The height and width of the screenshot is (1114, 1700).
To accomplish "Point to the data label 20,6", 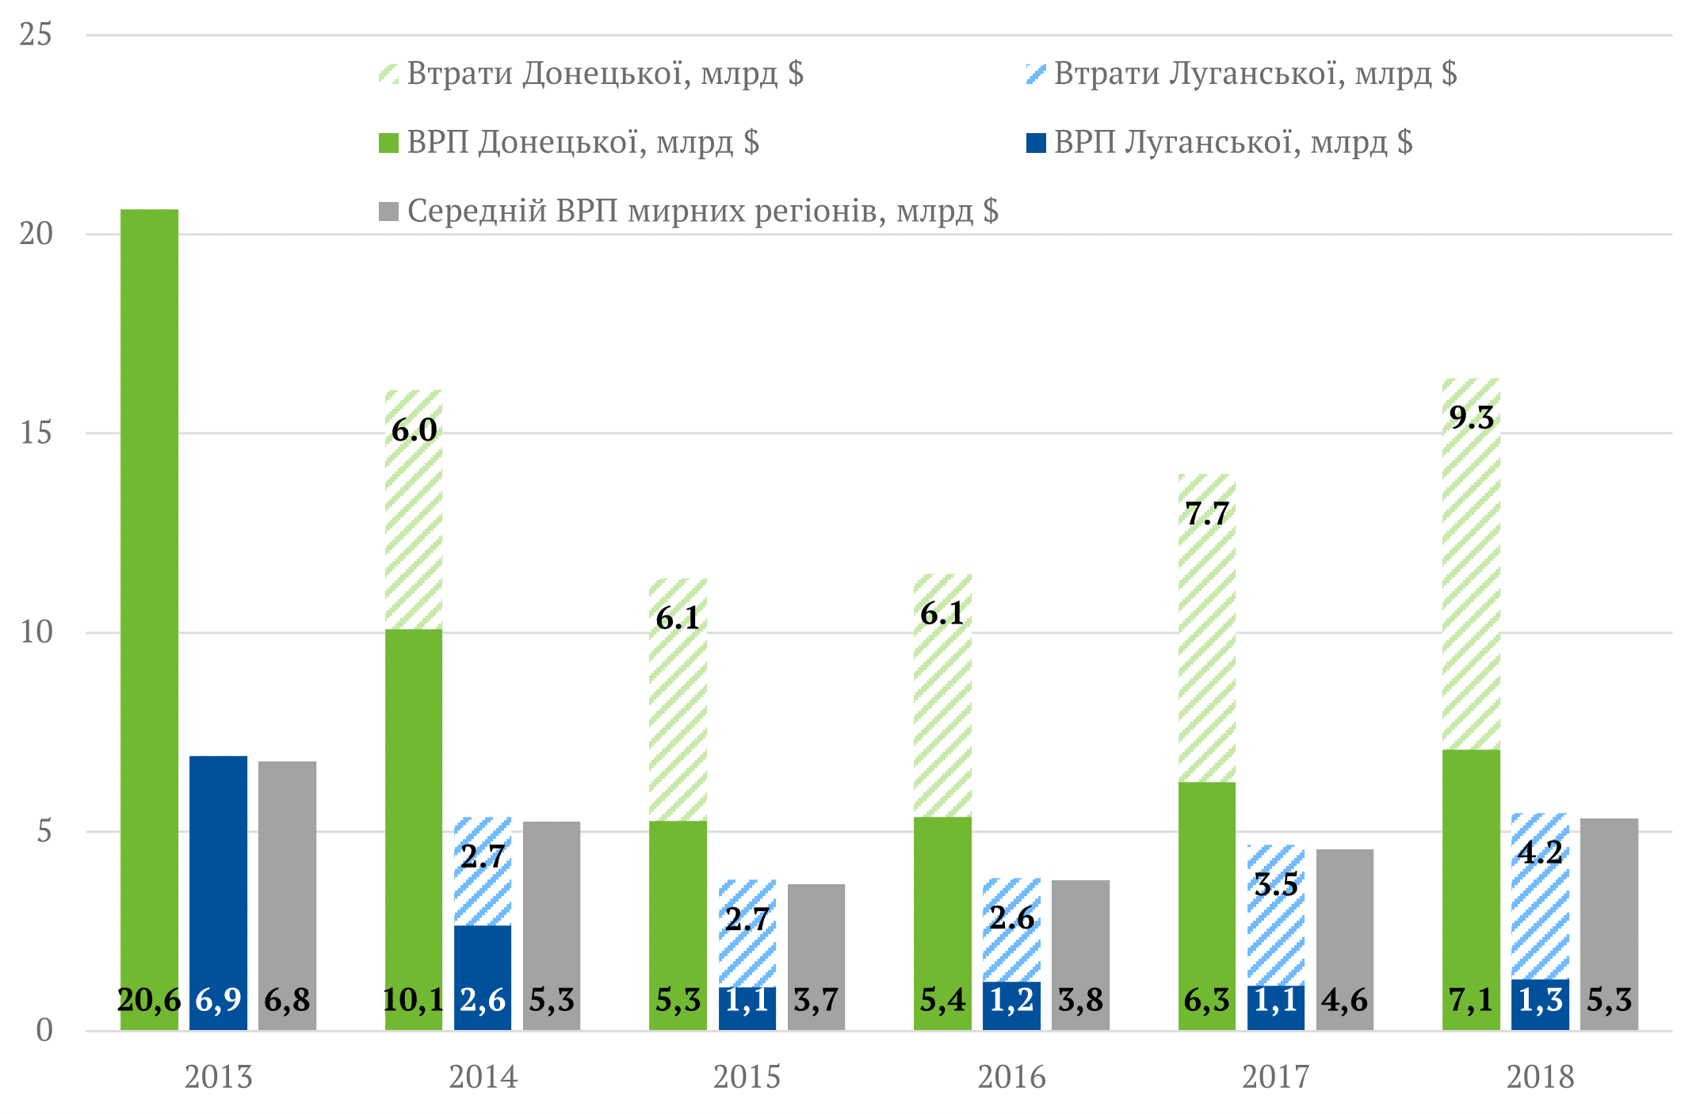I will [149, 1001].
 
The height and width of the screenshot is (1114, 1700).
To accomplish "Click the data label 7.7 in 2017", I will [1207, 514].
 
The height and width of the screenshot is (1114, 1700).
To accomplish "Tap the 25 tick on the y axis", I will [36, 35].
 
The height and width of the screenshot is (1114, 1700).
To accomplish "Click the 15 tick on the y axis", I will [36, 433].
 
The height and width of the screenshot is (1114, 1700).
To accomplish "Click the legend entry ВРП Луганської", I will [1232, 143].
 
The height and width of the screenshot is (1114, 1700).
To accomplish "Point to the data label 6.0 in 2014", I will [414, 430].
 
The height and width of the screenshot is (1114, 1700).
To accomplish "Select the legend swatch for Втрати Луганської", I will [1035, 74].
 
